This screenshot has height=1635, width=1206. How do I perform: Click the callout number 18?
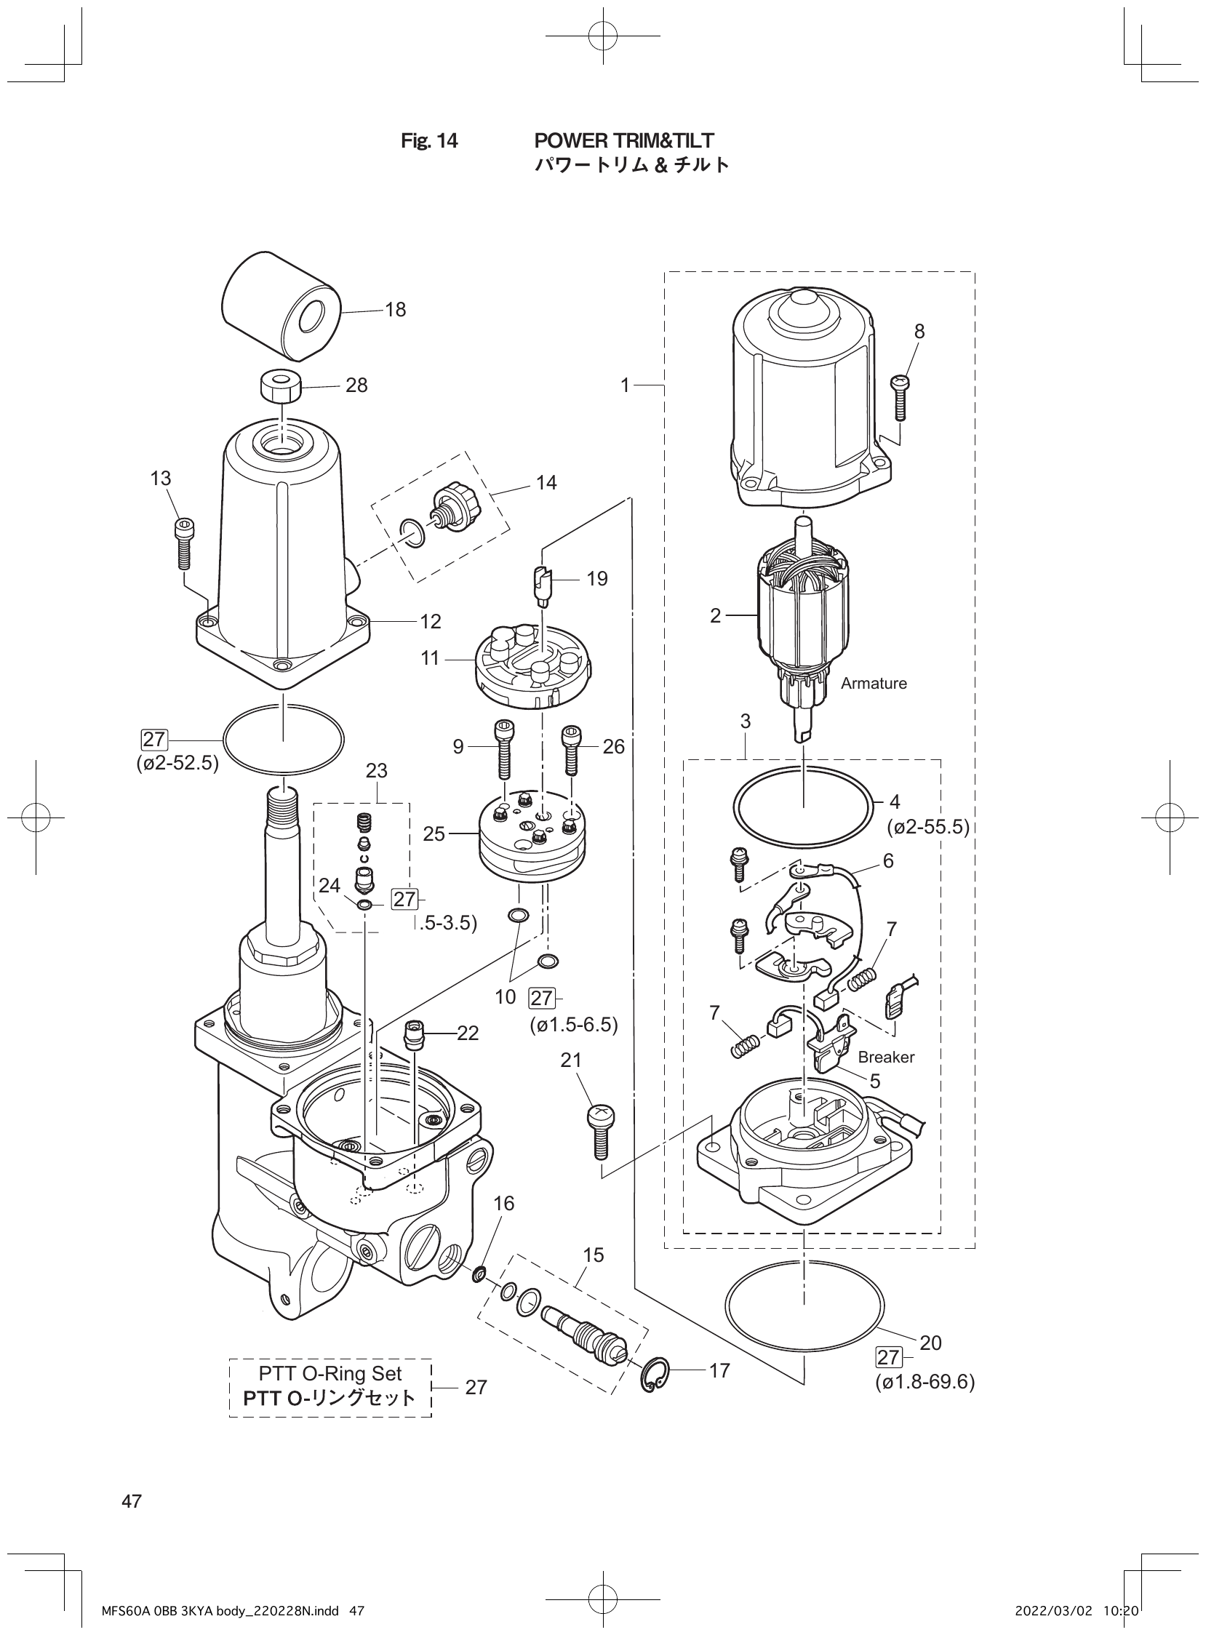[x=395, y=310]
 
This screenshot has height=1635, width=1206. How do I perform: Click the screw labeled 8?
[x=900, y=397]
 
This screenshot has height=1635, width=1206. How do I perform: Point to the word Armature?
[x=873, y=683]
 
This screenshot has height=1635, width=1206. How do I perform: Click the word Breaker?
[x=885, y=1057]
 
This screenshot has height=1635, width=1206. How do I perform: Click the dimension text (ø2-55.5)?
[x=927, y=827]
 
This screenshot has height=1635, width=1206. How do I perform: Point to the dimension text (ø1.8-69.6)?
[x=925, y=1382]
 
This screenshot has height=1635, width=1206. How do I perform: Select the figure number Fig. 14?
[x=429, y=141]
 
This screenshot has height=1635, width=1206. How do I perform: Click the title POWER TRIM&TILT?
[x=623, y=140]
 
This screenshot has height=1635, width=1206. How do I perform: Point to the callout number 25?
[x=434, y=834]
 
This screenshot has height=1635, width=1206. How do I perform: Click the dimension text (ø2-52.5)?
[x=177, y=764]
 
